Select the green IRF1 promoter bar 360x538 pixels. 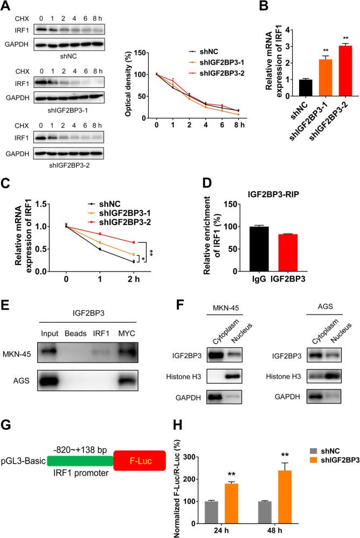[80, 446]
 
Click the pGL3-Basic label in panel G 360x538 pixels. [23, 446]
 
